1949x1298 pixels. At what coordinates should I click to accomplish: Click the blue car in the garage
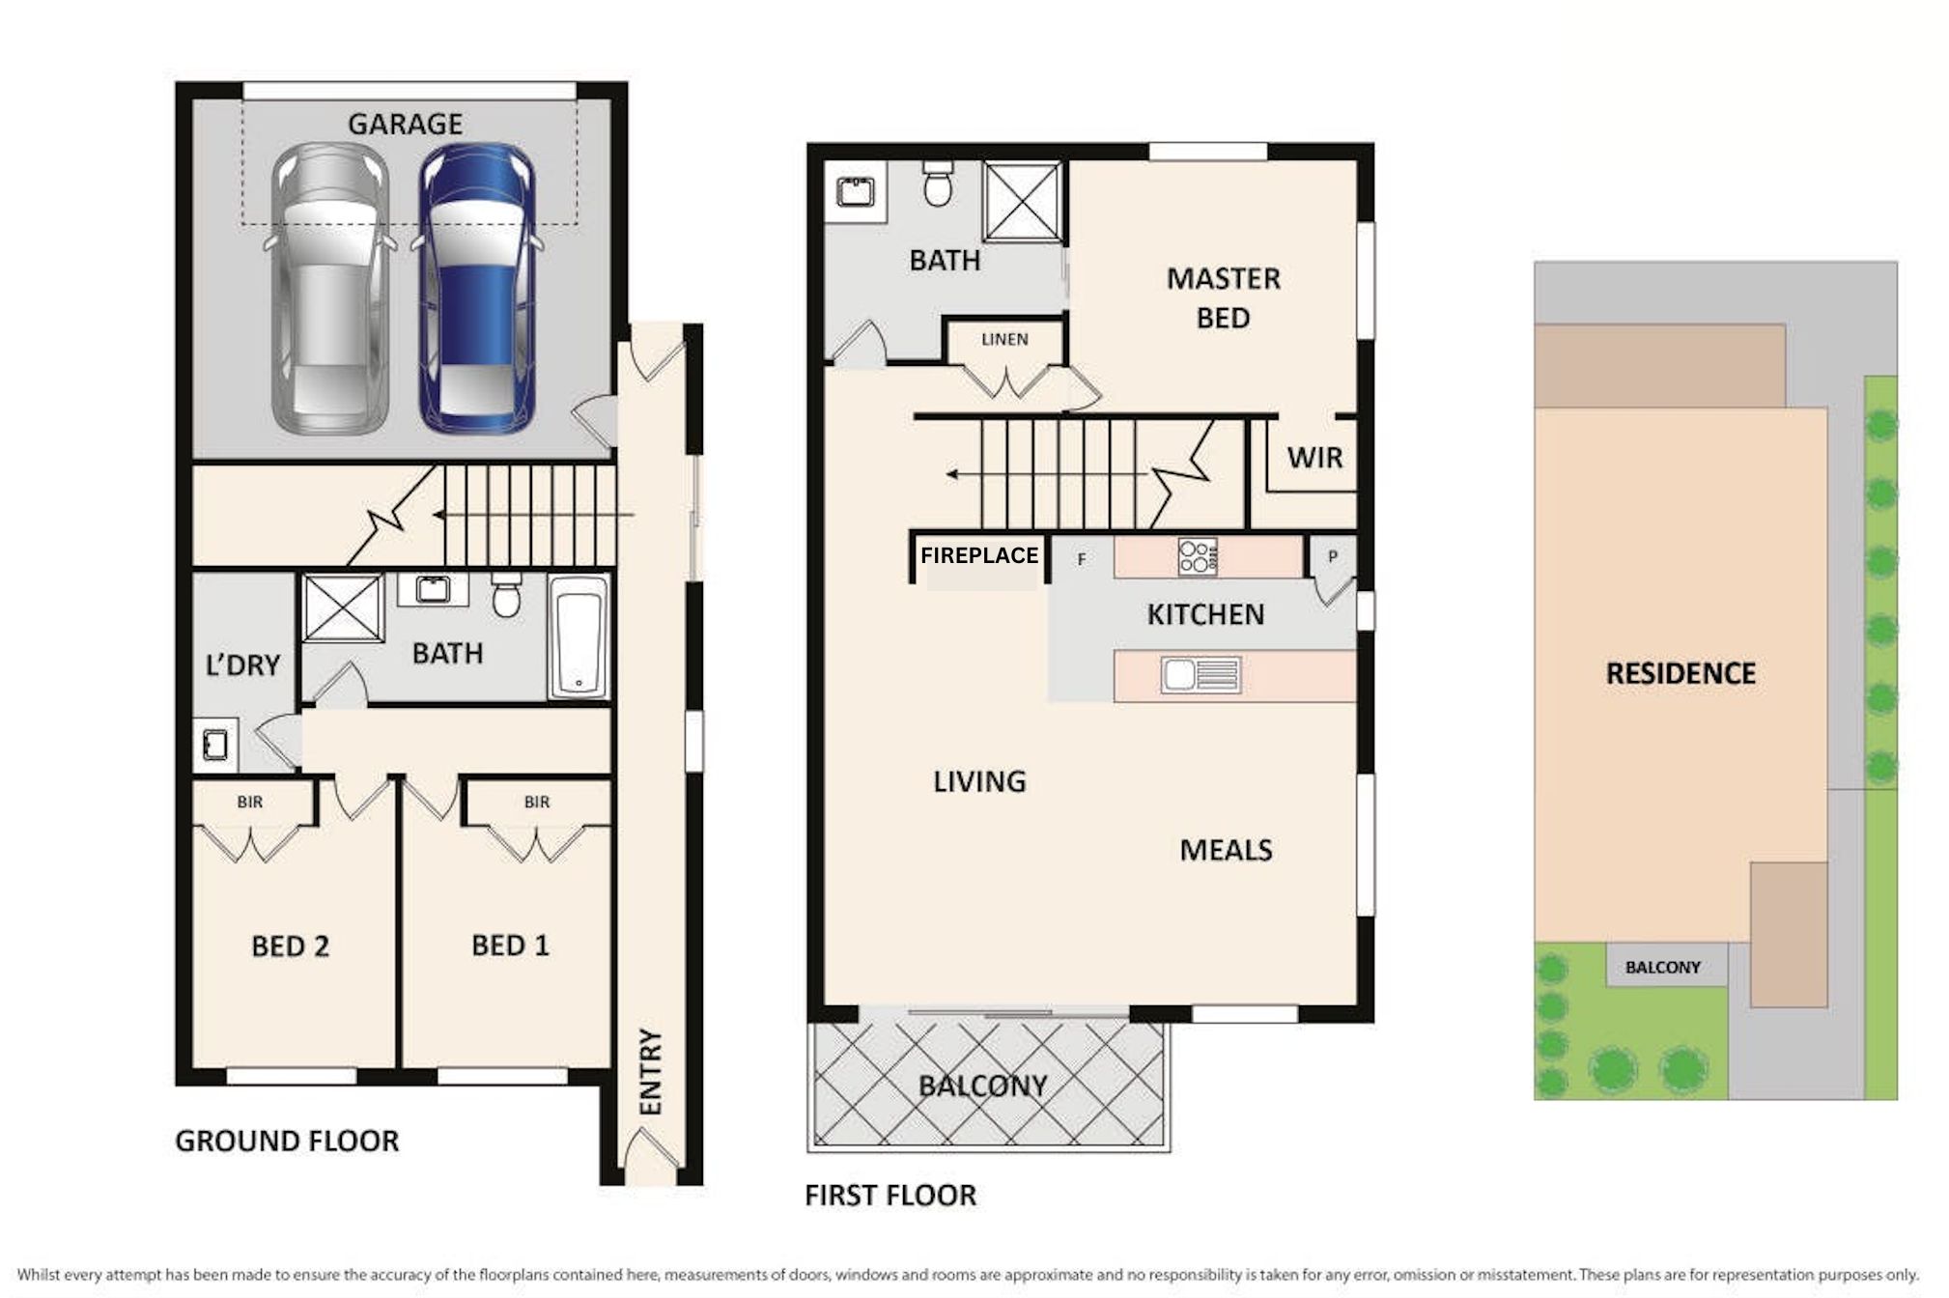pyautogui.click(x=476, y=288)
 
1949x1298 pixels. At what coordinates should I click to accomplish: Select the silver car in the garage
pyautogui.click(x=330, y=288)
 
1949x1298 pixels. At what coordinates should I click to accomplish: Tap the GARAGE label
pyautogui.click(x=405, y=125)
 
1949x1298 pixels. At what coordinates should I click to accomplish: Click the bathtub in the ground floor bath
pyautogui.click(x=579, y=635)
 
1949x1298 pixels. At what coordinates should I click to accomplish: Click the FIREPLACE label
pyautogui.click(x=978, y=555)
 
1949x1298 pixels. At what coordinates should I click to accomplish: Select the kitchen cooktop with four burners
pyautogui.click(x=1198, y=557)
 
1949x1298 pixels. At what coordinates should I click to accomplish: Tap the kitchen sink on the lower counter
pyautogui.click(x=1200, y=675)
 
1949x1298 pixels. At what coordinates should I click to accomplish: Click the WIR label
pyautogui.click(x=1314, y=458)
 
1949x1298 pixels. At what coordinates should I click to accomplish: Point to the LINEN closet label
pyautogui.click(x=1004, y=339)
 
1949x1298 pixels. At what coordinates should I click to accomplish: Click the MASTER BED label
pyautogui.click(x=1223, y=298)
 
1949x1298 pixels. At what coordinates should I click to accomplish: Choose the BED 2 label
pyautogui.click(x=290, y=946)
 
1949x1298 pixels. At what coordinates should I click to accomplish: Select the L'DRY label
pyautogui.click(x=242, y=665)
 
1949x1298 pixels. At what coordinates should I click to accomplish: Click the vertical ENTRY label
pyautogui.click(x=651, y=1071)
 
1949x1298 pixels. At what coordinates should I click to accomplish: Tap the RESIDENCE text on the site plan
pyautogui.click(x=1681, y=673)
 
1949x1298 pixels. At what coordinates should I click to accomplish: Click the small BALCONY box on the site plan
pyautogui.click(x=1666, y=967)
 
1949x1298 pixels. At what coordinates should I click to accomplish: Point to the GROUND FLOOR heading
pyautogui.click(x=287, y=1142)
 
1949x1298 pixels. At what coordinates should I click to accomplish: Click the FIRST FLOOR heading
pyautogui.click(x=890, y=1196)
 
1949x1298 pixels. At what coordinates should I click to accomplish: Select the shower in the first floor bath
pyautogui.click(x=1022, y=202)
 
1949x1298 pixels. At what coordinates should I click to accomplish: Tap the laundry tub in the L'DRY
pyautogui.click(x=215, y=745)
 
